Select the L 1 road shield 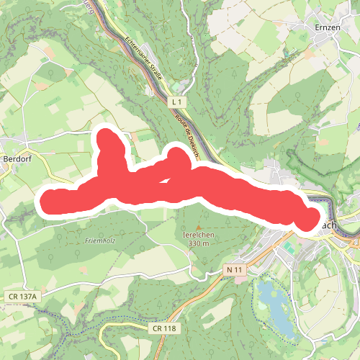point(178,104)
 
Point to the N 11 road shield point(233,269)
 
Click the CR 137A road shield point(24,296)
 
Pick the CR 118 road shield point(165,328)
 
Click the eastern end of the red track point(311,217)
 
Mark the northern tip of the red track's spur point(109,137)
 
